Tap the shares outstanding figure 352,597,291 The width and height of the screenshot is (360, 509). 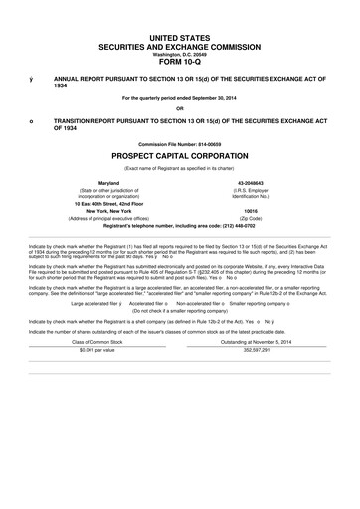click(x=251, y=350)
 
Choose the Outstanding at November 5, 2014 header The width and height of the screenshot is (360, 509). click(x=251, y=341)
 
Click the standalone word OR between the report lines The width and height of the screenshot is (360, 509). click(x=179, y=109)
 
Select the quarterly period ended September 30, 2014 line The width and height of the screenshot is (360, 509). click(x=179, y=97)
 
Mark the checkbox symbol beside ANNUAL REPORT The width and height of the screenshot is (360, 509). click(x=31, y=77)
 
